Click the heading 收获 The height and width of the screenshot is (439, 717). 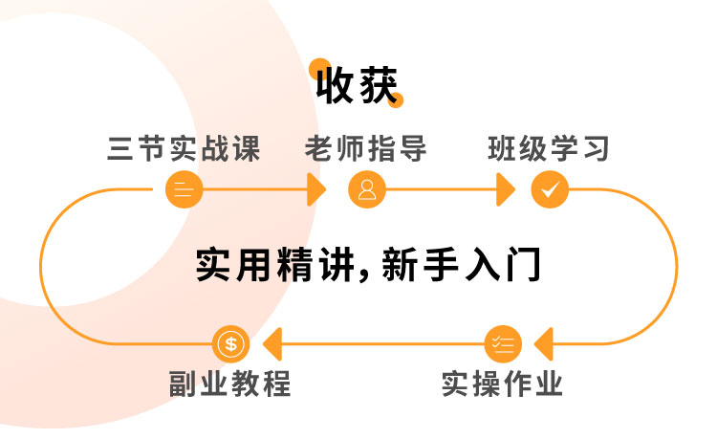coord(357,86)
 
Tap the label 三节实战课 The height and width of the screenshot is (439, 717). coord(184,150)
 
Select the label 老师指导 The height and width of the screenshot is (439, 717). coord(366,150)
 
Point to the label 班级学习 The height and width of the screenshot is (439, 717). coord(549,150)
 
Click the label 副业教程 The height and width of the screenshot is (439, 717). coord(230,384)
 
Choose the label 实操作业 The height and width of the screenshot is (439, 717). coord(503,384)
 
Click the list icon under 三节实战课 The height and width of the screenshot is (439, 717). coord(184,189)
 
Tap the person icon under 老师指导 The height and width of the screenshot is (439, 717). coord(366,189)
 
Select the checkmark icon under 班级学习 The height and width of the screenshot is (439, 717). coord(550,189)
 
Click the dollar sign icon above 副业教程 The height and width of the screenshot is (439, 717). coord(231,342)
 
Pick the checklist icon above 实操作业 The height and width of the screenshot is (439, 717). coord(503,342)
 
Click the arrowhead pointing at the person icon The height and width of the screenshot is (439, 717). coord(317,189)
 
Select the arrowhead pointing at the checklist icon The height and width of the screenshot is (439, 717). coord(542,342)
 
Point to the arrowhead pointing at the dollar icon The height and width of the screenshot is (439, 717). coord(272,342)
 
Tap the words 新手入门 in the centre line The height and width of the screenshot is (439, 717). coord(462,266)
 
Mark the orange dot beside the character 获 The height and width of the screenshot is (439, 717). coord(397,99)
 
